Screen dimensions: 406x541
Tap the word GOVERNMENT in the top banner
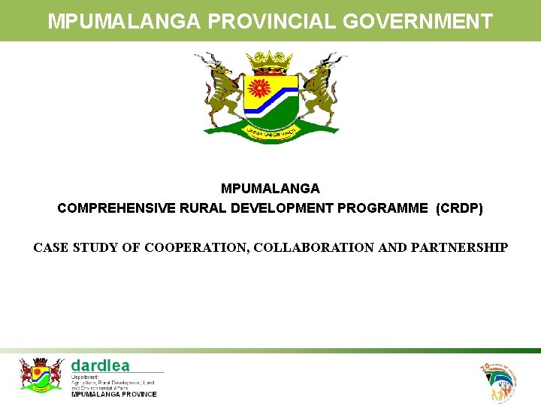[418, 21]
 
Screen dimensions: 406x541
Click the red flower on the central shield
[260, 89]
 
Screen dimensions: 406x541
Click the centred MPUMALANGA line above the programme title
[270, 188]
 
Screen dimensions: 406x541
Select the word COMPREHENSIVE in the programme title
[116, 208]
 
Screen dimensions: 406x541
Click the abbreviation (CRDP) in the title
[459, 208]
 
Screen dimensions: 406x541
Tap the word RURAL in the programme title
[199, 208]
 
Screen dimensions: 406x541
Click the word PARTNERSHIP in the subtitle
[460, 247]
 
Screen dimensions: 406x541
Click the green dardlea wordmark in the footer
[100, 365]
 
